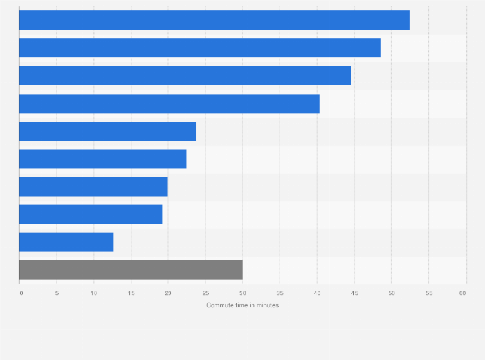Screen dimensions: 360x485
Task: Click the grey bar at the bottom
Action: click(131, 270)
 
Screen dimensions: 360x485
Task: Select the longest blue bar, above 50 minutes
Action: click(214, 20)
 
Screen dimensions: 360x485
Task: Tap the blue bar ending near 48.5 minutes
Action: click(200, 48)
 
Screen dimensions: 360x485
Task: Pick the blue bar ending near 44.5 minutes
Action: click(185, 75)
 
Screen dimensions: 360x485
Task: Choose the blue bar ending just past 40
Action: click(169, 104)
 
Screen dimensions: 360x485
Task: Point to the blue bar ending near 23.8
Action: click(107, 131)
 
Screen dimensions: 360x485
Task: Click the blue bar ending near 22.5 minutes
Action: click(103, 159)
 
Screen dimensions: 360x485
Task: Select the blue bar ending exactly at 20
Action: click(93, 186)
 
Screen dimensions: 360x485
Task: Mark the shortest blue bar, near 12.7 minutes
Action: click(66, 242)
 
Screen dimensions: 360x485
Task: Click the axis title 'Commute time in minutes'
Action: click(243, 305)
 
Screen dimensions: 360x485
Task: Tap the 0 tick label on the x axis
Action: click(21, 293)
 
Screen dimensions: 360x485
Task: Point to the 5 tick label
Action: click(57, 293)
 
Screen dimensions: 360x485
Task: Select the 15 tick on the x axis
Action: click(131, 293)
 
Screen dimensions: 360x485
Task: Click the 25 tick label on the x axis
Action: click(205, 293)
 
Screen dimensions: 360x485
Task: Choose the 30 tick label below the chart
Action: click(243, 293)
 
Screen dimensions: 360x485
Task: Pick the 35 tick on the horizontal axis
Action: click(280, 293)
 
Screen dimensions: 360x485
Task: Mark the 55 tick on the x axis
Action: click(428, 293)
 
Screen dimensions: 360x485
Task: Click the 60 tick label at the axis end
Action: click(462, 293)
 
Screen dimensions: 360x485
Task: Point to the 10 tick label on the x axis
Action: click(93, 293)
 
